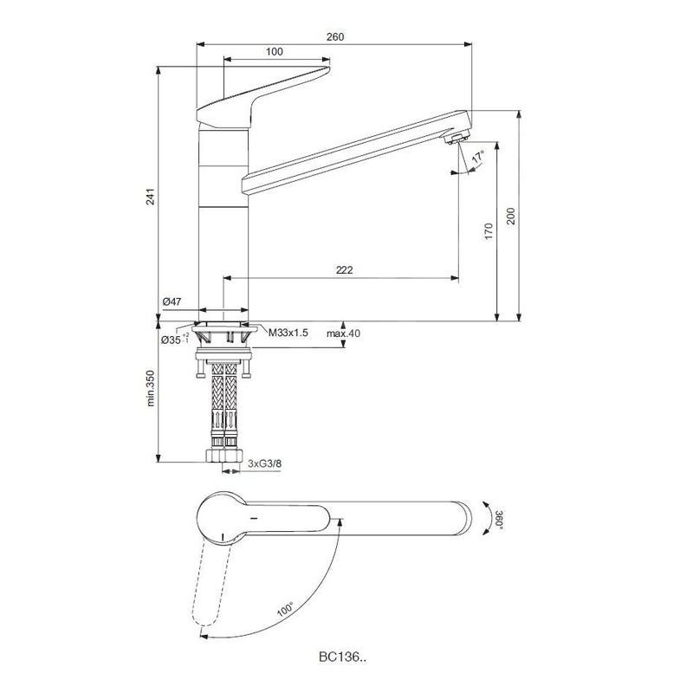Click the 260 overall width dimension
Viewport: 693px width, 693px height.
pos(335,36)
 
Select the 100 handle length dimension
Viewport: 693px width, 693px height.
pos(275,52)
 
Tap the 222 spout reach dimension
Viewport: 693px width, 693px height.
pos(344,270)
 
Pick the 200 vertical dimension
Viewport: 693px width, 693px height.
pos(511,216)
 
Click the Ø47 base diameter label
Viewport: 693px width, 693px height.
pos(171,301)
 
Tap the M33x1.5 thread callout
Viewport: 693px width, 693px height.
pos(289,333)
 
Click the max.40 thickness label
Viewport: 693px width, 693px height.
pos(343,334)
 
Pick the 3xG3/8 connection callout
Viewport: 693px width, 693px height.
pos(265,464)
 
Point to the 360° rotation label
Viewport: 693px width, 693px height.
pos(500,520)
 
